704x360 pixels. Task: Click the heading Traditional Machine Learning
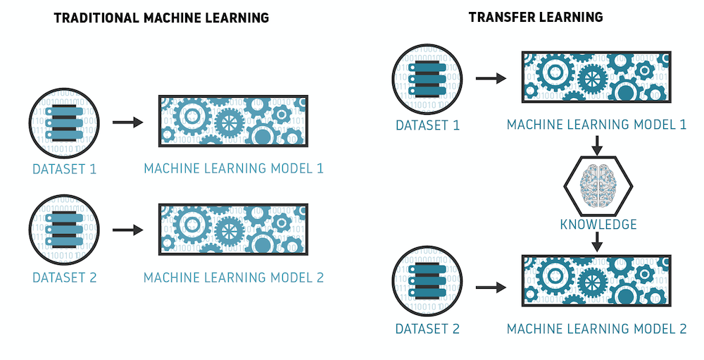[x=161, y=18]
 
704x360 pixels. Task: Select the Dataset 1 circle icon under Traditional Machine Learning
[x=64, y=123]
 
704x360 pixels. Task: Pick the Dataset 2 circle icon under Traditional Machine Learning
[x=64, y=230]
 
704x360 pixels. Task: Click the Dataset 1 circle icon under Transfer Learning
[x=427, y=79]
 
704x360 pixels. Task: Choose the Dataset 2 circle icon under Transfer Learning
[x=427, y=281]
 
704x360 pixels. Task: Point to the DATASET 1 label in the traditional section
[x=65, y=170]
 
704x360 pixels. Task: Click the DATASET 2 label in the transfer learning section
[x=427, y=329]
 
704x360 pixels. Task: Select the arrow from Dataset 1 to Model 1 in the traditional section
[x=128, y=123]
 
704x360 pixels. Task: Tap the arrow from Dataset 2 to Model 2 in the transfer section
[x=491, y=287]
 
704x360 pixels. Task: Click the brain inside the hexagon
[x=598, y=185]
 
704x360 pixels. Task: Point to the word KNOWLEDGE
[x=598, y=224]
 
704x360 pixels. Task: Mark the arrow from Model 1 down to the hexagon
[x=597, y=144]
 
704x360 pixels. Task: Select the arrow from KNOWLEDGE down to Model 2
[x=597, y=242]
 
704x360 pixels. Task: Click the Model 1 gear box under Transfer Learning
[x=596, y=77]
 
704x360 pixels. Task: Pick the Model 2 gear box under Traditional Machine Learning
[x=234, y=229]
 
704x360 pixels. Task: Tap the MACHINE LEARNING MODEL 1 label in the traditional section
[x=234, y=168]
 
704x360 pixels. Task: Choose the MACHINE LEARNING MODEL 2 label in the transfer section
[x=597, y=329]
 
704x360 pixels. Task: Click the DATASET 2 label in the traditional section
[x=65, y=278]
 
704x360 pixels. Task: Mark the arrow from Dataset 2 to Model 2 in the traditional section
[x=128, y=230]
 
